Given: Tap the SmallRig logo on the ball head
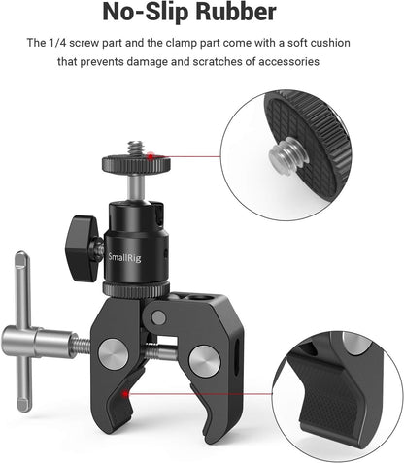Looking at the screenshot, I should [x=129, y=230].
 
